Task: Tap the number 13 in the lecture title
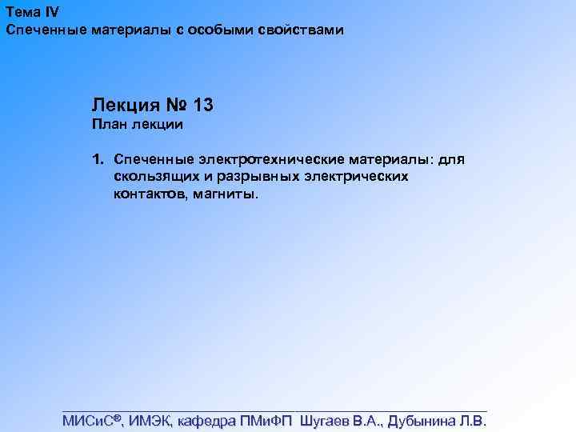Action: click(x=203, y=105)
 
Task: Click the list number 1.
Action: click(x=97, y=160)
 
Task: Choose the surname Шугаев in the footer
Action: click(x=326, y=421)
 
